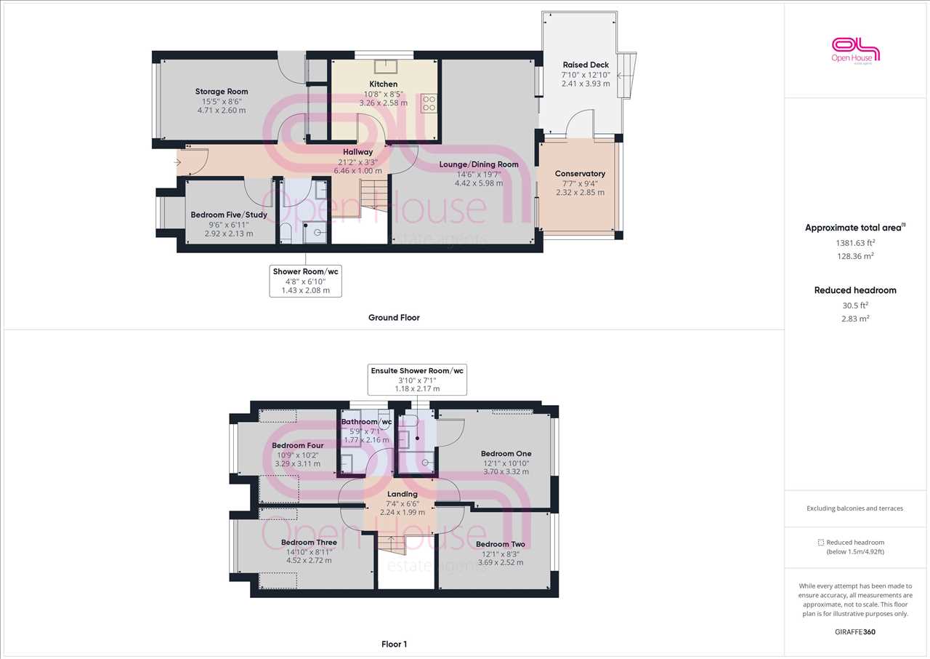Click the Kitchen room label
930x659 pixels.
[x=383, y=84]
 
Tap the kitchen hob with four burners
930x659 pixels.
[x=429, y=103]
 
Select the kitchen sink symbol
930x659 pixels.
[x=386, y=66]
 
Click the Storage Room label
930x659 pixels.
[x=222, y=92]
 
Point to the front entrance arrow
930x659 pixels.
[x=178, y=162]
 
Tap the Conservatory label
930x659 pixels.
[x=580, y=174]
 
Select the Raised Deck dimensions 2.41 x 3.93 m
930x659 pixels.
[x=586, y=84]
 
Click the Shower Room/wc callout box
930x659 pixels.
[x=306, y=281]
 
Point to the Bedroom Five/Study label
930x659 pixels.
[x=229, y=215]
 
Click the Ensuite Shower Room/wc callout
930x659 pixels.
[x=417, y=380]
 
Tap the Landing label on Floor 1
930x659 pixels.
[x=403, y=494]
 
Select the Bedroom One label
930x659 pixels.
[x=506, y=454]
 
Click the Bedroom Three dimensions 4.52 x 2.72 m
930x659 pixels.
[x=309, y=561]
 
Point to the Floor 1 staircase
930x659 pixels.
[x=391, y=545]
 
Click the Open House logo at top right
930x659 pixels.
[x=856, y=51]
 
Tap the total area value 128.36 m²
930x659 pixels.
[x=855, y=256]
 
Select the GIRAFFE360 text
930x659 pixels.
[x=855, y=632]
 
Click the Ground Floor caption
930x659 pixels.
[x=394, y=317]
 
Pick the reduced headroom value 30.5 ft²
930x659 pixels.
[x=855, y=305]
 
